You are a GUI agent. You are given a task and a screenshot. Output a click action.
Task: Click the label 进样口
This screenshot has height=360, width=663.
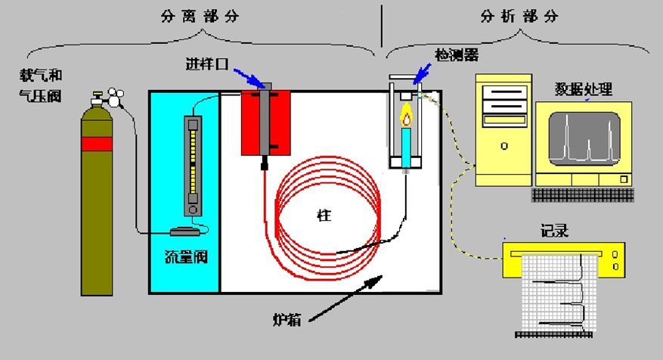pyautogui.click(x=206, y=63)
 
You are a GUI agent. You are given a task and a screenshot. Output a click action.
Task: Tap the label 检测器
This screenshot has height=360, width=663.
pyautogui.click(x=457, y=55)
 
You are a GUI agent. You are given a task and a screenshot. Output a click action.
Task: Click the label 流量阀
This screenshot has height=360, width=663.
pyautogui.click(x=186, y=257)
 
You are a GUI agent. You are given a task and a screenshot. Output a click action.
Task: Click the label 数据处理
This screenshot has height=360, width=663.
pyautogui.click(x=582, y=91)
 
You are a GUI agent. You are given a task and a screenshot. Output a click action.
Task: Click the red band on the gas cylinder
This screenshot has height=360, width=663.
pyautogui.click(x=97, y=144)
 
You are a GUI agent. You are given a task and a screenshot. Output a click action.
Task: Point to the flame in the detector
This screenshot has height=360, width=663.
pyautogui.click(x=407, y=116)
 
